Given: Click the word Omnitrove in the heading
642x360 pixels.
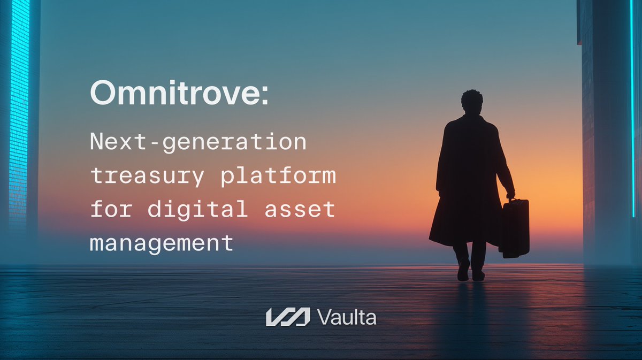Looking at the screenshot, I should [x=170, y=94].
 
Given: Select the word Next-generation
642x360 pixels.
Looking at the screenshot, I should [x=198, y=143].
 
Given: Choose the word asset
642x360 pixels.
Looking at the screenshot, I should [x=300, y=209].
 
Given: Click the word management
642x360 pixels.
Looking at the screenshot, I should [x=162, y=243].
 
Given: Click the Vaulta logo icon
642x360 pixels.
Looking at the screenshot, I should [x=288, y=317].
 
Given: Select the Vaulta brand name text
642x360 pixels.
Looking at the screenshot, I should [x=347, y=317].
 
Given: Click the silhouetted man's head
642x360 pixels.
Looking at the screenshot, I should [x=471, y=101].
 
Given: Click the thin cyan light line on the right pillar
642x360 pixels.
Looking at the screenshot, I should [x=632, y=107].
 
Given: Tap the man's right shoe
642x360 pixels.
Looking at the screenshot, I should [x=478, y=274].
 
